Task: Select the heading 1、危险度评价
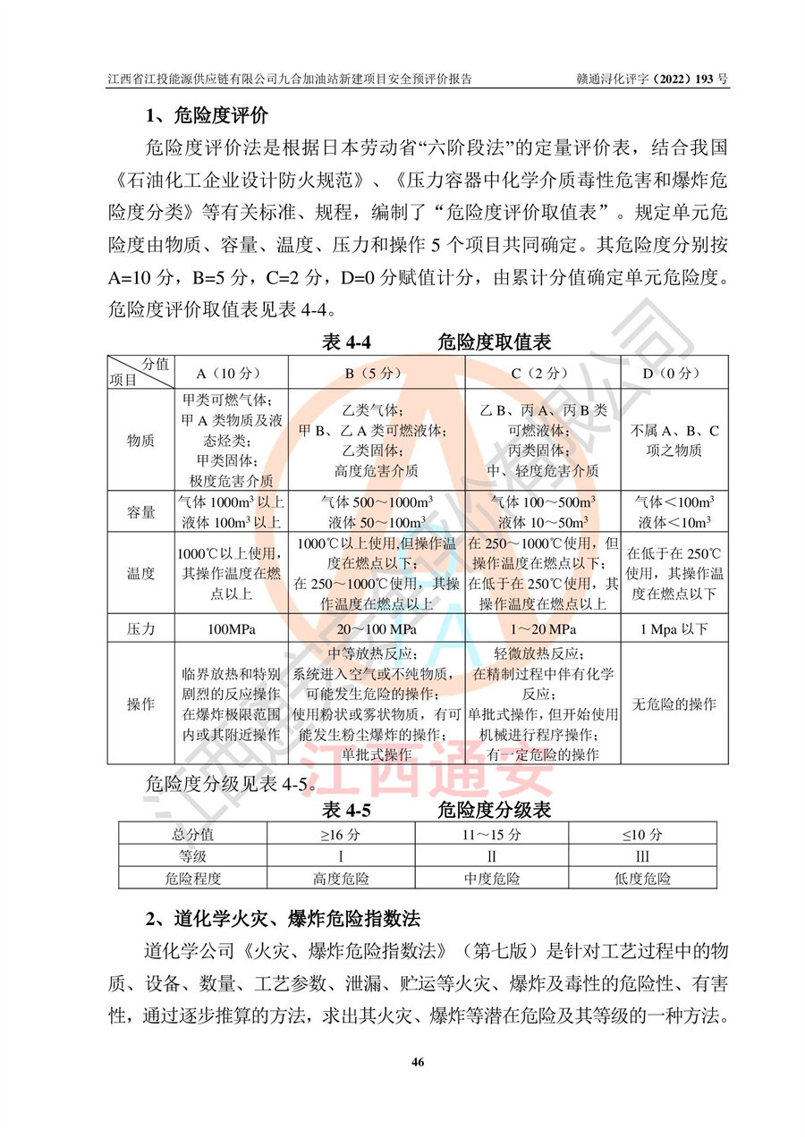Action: [207, 115]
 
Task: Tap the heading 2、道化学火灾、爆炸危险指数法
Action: [284, 919]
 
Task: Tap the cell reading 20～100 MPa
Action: [375, 629]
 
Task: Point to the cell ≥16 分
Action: [341, 835]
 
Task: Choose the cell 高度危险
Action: [341, 879]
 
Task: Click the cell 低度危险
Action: [642, 879]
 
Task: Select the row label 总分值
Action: [192, 835]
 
